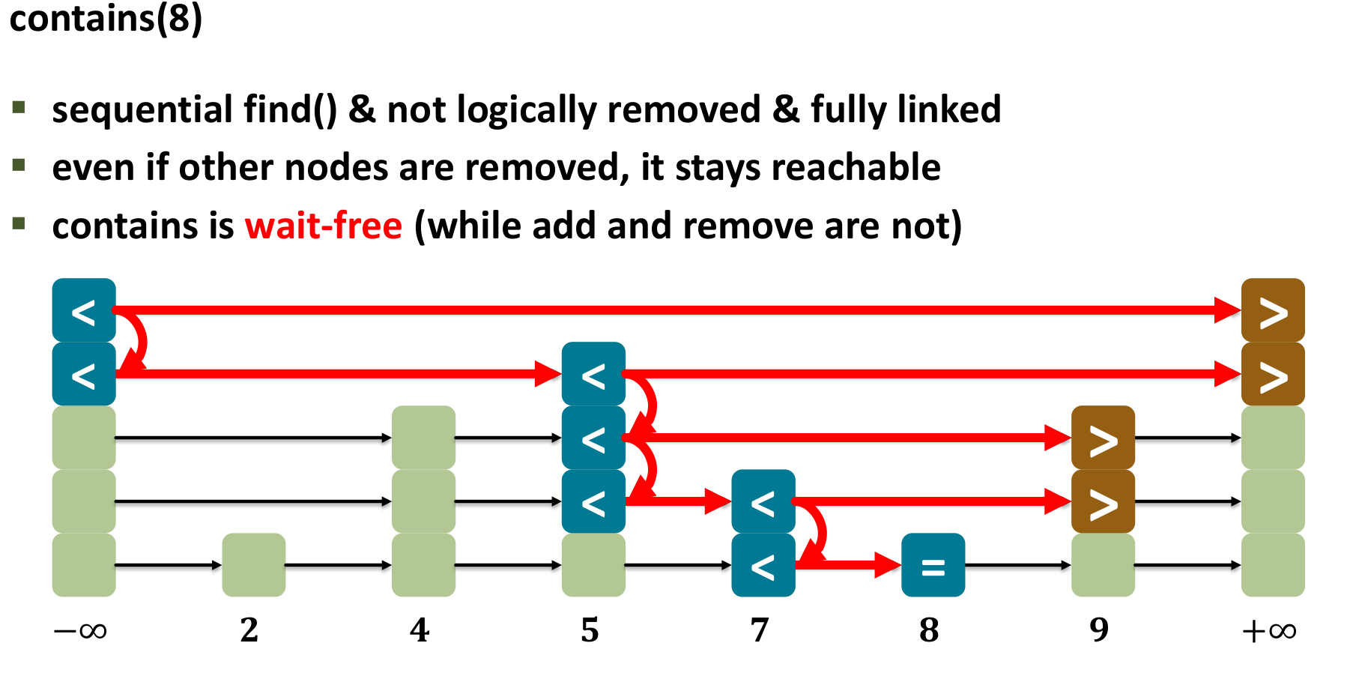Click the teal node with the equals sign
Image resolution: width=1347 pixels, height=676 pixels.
(933, 565)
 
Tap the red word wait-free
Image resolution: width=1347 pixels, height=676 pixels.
(324, 226)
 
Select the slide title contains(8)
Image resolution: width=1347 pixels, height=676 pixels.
(106, 18)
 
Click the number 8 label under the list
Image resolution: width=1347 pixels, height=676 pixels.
(929, 630)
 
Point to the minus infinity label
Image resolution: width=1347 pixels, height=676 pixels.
(80, 630)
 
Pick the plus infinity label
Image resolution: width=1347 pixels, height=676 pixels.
(1269, 630)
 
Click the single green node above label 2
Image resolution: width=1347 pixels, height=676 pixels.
(254, 565)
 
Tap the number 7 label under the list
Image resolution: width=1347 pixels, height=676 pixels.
(760, 630)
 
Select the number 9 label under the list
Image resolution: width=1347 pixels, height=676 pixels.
(1099, 630)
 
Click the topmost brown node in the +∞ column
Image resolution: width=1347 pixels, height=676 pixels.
(1273, 310)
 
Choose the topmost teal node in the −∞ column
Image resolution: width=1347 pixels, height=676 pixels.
(84, 310)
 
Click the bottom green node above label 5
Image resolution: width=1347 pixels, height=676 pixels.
(593, 565)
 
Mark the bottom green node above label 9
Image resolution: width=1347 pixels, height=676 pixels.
(1103, 565)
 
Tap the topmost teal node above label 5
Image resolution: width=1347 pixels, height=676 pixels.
(593, 374)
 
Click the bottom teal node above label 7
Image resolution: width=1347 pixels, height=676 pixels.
(763, 565)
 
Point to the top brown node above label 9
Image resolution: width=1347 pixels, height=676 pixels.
(1103, 438)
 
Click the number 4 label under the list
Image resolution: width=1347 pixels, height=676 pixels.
(420, 630)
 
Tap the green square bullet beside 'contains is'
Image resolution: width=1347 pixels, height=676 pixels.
(19, 223)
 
